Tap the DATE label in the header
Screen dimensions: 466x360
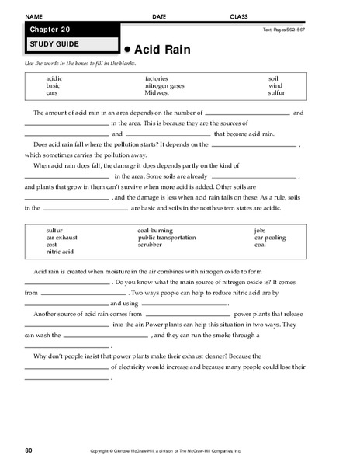[x=159, y=16]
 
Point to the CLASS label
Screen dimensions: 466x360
[x=239, y=16]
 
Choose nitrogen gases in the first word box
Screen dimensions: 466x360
[x=164, y=85]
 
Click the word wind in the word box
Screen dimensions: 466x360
[x=275, y=85]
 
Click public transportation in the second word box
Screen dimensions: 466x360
[x=165, y=237]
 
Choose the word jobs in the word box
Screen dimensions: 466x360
[x=260, y=230]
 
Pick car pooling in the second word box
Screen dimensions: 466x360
[x=270, y=237]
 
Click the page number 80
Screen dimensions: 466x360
[x=29, y=450]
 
